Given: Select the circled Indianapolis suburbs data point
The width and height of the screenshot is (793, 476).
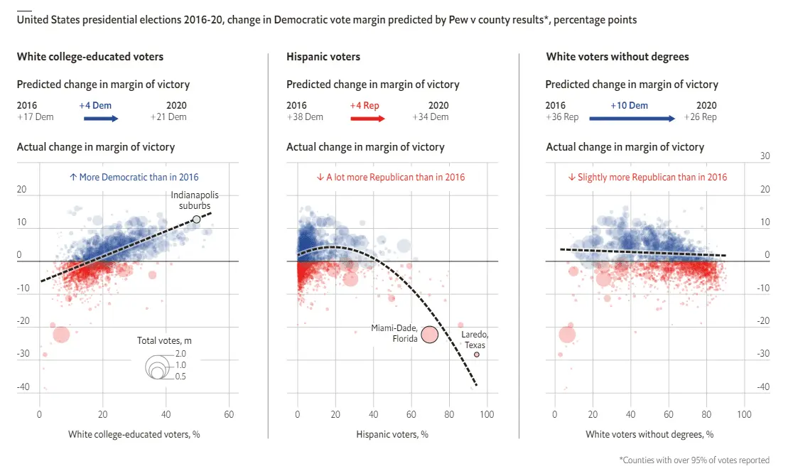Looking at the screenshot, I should [197, 220].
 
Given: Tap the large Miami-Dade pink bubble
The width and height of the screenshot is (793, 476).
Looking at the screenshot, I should [430, 334].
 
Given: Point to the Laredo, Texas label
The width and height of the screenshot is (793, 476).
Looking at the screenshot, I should [475, 339].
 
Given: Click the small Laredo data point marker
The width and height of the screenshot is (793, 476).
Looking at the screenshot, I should [476, 355].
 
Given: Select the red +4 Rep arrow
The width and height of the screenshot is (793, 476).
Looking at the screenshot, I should [367, 119].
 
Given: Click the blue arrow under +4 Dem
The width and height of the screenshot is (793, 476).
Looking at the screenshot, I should [101, 119].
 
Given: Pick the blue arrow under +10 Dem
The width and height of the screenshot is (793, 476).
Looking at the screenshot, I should [632, 119].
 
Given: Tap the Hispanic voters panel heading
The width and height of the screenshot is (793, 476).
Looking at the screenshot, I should [323, 56].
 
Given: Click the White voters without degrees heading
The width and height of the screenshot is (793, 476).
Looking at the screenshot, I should [617, 56].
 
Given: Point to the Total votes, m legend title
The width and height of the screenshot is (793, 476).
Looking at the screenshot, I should [164, 341].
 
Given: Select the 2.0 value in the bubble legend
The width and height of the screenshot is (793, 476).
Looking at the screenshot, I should [180, 354].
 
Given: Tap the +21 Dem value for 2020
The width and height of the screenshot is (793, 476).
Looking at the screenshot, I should [171, 117].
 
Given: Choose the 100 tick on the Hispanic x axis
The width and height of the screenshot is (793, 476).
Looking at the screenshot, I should [487, 413].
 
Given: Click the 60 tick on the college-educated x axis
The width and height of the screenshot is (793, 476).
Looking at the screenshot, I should [229, 413].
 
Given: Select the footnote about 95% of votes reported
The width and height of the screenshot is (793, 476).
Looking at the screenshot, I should [694, 460].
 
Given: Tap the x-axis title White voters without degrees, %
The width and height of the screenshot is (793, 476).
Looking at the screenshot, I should [649, 433].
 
